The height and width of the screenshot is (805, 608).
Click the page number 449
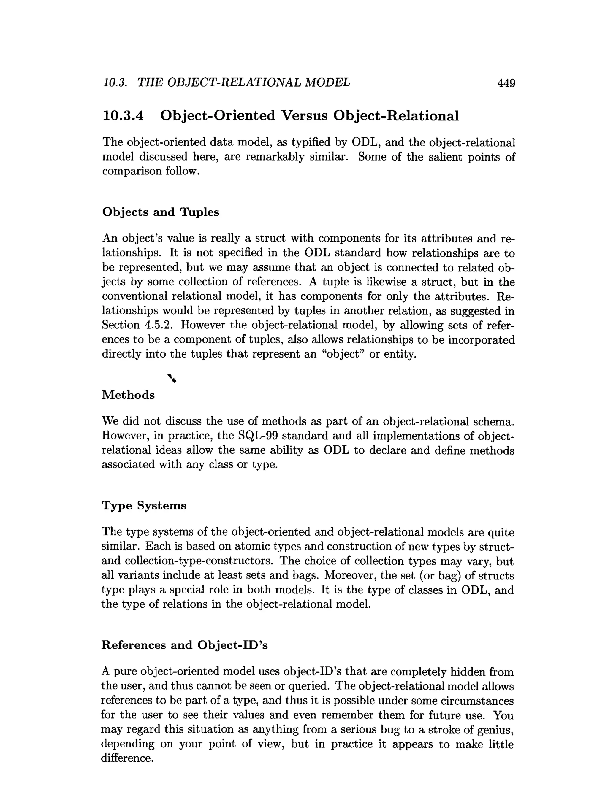coord(506,83)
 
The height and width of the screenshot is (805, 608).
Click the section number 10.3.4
coord(123,116)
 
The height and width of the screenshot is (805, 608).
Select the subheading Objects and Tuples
coord(161,212)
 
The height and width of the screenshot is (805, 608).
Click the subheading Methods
coord(128,395)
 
